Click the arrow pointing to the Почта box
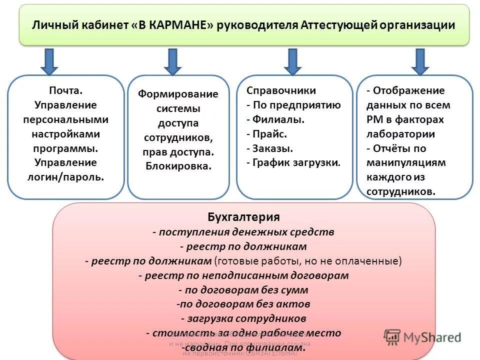pyautogui.click(x=49, y=61)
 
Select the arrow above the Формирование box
pyautogui.click(x=172, y=61)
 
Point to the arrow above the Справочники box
pyautogui.click(x=292, y=61)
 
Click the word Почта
pyautogui.click(x=65, y=90)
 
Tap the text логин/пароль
pyautogui.click(x=65, y=177)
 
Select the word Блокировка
pyautogui.click(x=178, y=166)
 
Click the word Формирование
pyautogui.click(x=178, y=94)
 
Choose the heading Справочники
pyautogui.click(x=281, y=90)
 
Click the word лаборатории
pyautogui.click(x=400, y=134)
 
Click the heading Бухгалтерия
pyautogui.click(x=243, y=216)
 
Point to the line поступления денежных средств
pyautogui.click(x=243, y=232)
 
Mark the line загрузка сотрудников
pyautogui.click(x=243, y=318)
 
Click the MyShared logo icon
pyautogui.click(x=392, y=336)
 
